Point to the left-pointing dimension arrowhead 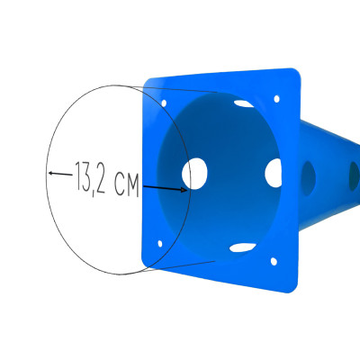(x=51, y=173)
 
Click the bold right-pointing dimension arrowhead (x=184, y=190)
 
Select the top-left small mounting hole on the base (x=164, y=103)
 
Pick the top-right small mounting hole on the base (x=276, y=99)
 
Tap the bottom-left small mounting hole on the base (x=160, y=244)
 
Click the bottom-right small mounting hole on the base (x=274, y=262)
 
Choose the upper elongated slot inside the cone (x=244, y=103)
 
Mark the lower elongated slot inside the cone (x=242, y=247)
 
